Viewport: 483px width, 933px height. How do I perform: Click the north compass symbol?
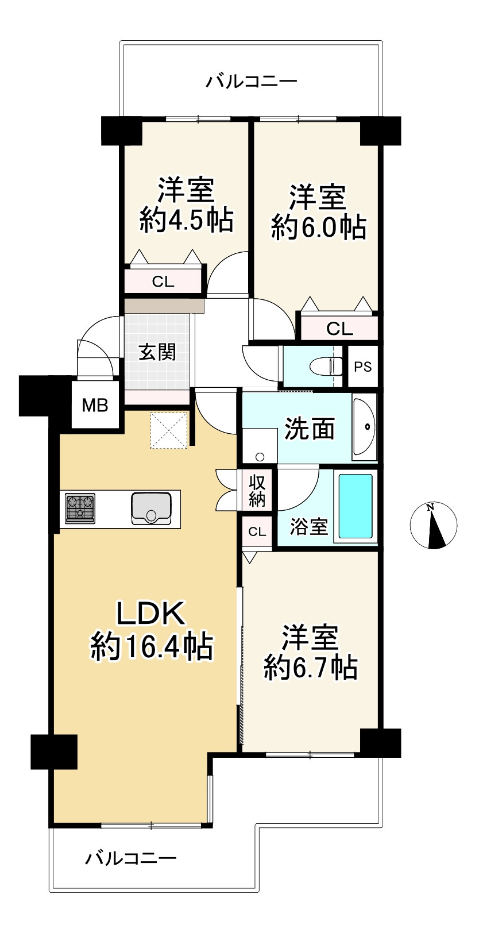434,525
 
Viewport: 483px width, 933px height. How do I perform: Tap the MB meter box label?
95,406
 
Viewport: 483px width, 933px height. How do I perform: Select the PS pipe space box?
362,367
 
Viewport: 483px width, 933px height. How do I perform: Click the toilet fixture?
325,366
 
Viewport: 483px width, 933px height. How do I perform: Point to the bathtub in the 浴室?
356,505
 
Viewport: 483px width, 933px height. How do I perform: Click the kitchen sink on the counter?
151,508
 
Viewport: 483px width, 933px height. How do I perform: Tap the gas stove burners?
80,508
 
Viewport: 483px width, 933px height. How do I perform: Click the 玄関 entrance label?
157,352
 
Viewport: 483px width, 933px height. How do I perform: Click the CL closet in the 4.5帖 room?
163,282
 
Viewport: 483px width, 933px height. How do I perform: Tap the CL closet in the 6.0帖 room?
339,329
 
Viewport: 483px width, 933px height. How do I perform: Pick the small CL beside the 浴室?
257,531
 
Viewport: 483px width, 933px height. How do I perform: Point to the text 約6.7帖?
311,667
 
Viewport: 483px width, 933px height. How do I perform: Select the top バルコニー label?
252,81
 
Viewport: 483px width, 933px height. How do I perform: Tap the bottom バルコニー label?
131,859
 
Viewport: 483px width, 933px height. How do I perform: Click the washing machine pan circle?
260,457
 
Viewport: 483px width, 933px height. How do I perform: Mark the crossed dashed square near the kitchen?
169,430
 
